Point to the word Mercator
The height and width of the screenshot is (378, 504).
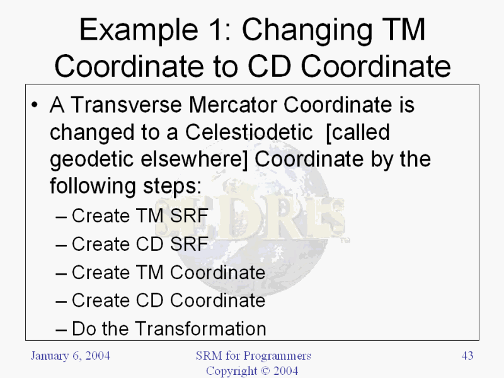232,105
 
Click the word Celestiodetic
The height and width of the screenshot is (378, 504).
249,132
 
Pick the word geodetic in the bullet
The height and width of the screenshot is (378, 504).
91,160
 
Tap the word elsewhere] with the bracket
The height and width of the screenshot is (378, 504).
195,159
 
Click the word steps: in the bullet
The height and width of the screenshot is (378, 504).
172,186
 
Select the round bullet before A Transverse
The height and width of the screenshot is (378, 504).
35,105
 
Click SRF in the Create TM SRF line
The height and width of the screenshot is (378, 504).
189,215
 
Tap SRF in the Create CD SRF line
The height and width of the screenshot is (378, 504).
189,244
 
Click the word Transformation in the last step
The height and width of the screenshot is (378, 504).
200,329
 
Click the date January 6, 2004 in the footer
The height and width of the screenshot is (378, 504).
71,356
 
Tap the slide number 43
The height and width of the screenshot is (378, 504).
467,355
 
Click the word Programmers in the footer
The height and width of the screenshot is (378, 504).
277,356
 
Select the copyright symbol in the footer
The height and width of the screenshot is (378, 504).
265,371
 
